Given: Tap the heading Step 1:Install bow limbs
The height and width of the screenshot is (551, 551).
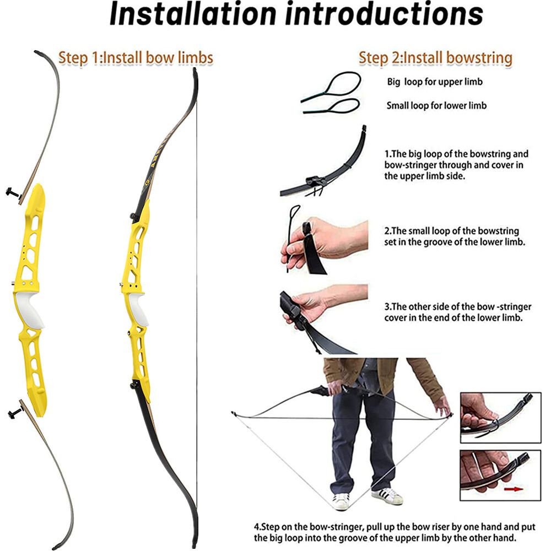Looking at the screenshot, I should [136, 57].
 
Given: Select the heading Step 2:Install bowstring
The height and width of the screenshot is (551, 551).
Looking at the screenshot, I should [435, 57].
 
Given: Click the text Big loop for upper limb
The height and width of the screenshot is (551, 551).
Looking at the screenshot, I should [435, 82].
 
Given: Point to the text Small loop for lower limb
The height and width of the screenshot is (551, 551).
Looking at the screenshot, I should [436, 105].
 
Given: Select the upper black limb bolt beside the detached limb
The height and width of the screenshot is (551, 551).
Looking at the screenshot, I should [13, 193].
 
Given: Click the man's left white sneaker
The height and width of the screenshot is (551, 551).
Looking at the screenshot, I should [341, 500].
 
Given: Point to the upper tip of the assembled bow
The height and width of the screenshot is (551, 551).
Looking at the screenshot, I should [194, 71].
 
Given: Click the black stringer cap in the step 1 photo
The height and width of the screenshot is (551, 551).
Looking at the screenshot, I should [312, 181].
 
